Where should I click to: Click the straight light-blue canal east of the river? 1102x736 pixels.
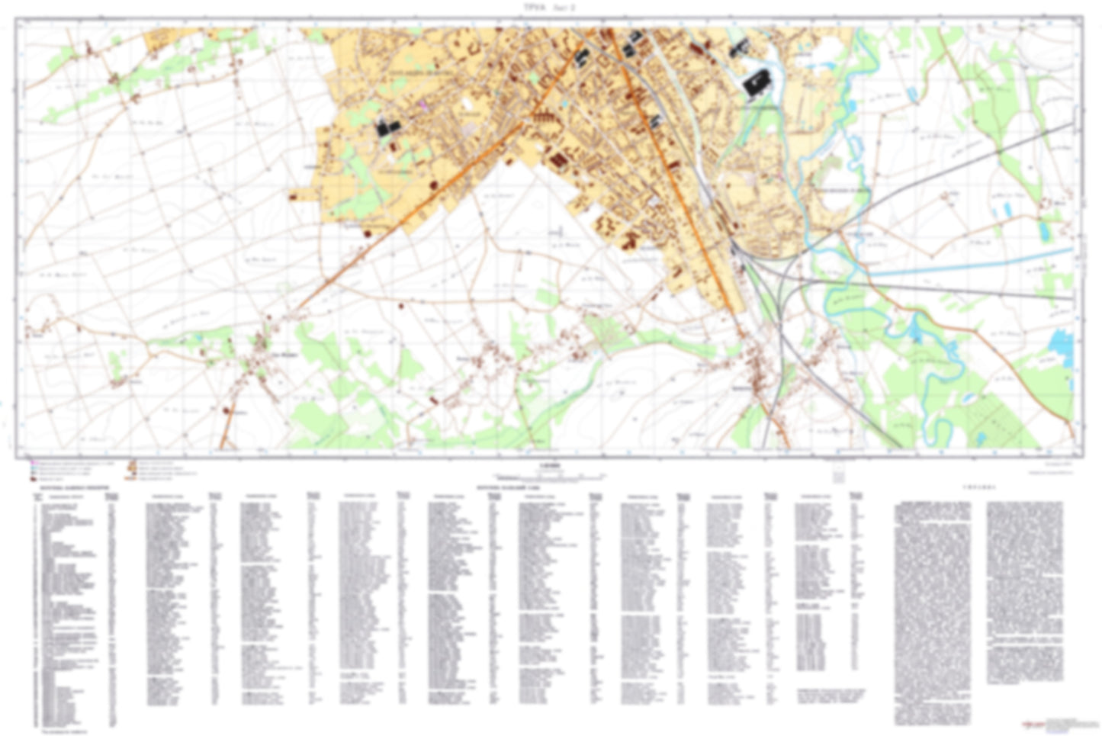coord(969,263)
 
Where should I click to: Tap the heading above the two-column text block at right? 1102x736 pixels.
coord(977,486)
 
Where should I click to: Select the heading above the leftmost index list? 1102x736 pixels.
coord(69,485)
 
